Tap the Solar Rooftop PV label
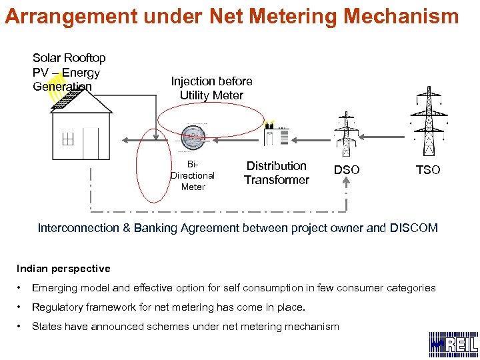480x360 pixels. tap(69, 72)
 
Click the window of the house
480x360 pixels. tap(67, 139)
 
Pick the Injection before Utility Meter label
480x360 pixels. tap(211, 88)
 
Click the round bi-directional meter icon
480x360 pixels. tap(193, 137)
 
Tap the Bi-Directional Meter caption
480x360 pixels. tap(193, 176)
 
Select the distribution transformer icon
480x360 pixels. tap(276, 135)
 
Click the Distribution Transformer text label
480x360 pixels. tap(276, 173)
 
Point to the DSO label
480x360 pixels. tap(347, 170)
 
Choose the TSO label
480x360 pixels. tap(428, 170)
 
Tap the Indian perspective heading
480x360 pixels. tap(63, 269)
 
